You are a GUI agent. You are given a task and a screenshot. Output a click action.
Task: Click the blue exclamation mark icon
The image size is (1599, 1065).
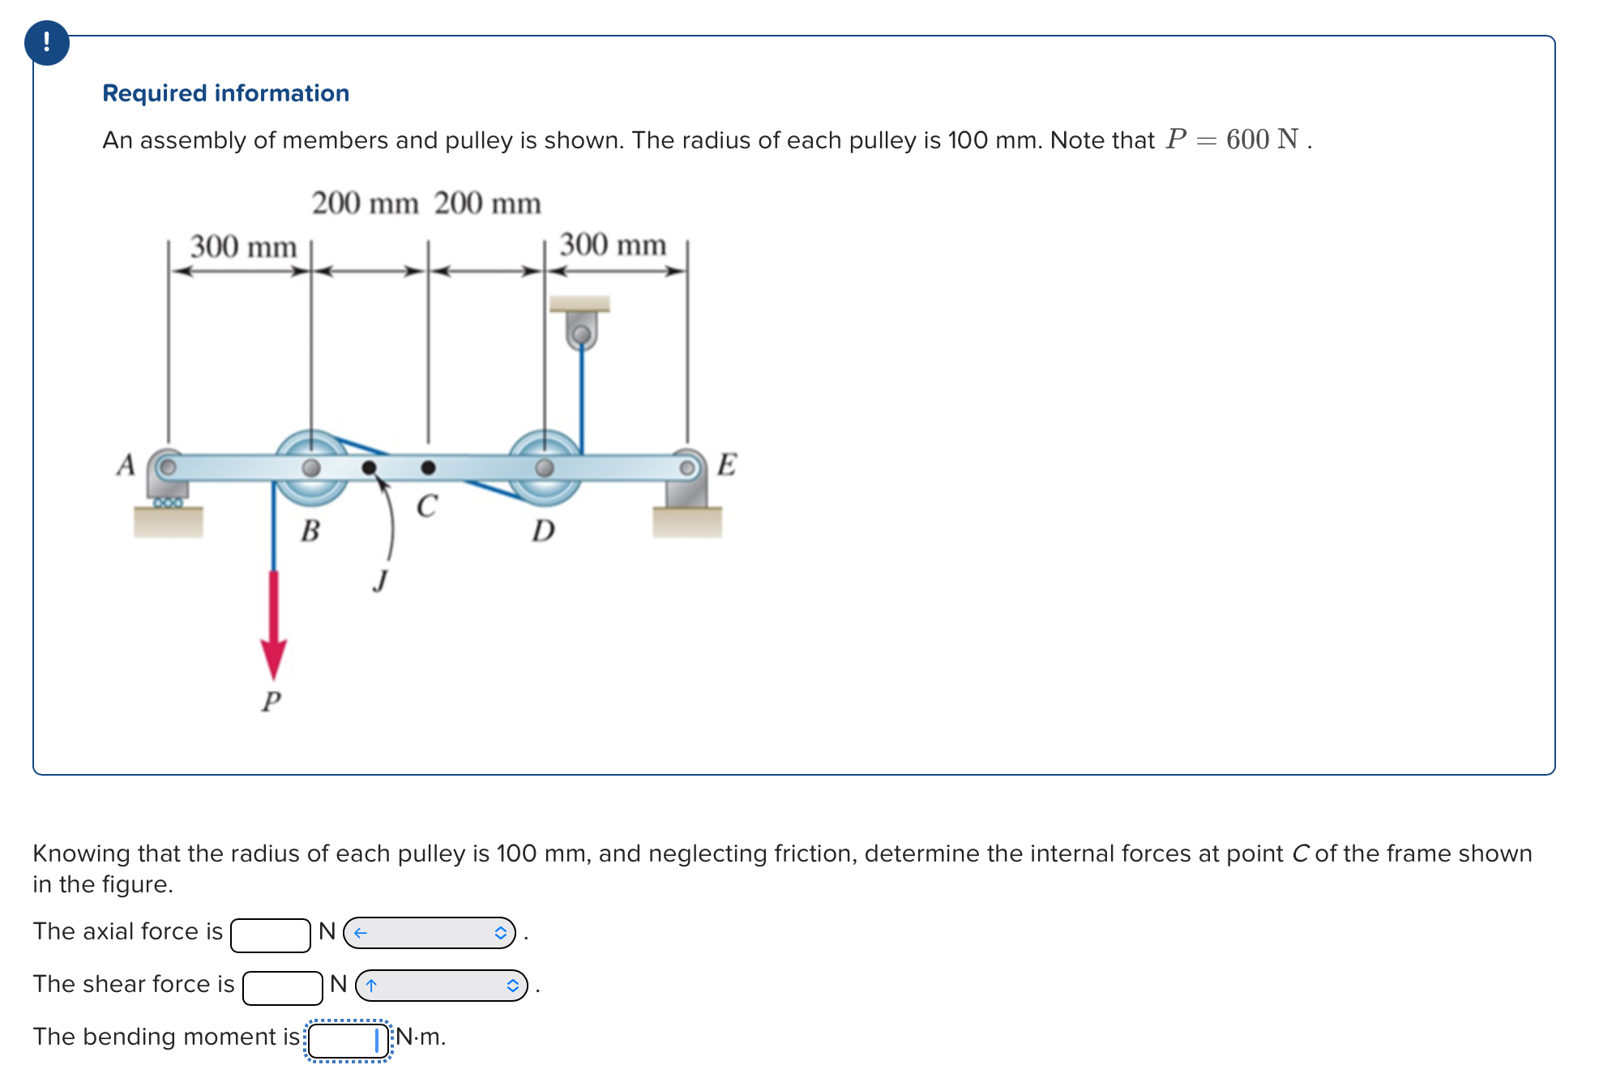tap(46, 42)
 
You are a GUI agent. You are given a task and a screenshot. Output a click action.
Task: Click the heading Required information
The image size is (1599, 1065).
tap(225, 93)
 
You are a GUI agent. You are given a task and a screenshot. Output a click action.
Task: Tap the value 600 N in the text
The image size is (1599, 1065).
tap(1262, 139)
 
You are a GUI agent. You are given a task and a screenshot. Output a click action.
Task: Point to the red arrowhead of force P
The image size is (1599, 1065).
tap(273, 657)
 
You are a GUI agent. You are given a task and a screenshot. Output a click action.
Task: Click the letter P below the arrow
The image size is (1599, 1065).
tap(271, 700)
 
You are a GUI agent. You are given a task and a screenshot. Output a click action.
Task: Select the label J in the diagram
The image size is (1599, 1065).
tap(380, 580)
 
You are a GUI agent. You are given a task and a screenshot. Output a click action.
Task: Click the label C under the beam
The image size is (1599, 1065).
tap(426, 506)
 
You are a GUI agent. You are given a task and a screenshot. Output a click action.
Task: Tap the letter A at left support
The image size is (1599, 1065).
tap(126, 464)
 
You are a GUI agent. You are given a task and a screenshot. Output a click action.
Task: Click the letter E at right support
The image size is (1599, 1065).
tap(726, 464)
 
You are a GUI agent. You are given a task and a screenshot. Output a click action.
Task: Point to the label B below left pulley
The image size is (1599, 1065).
tap(310, 531)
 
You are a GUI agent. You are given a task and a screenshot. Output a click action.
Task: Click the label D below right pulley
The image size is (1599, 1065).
tap(543, 531)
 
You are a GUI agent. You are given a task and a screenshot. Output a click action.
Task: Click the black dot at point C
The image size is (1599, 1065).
tap(428, 468)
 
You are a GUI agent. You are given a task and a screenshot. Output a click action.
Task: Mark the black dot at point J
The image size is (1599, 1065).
tap(369, 468)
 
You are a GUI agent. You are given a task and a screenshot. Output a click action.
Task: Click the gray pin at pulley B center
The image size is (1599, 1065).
tap(311, 468)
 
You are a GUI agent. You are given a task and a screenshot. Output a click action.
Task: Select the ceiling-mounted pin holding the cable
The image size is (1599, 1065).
tap(581, 334)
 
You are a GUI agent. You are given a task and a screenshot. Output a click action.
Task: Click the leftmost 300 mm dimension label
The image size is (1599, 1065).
tap(243, 246)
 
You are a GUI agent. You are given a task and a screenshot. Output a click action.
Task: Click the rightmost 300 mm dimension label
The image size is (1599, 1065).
tap(613, 245)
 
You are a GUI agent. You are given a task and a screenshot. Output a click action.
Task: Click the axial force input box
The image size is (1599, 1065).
tap(270, 935)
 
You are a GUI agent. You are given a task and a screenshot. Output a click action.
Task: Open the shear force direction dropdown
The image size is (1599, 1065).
tap(441, 986)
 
